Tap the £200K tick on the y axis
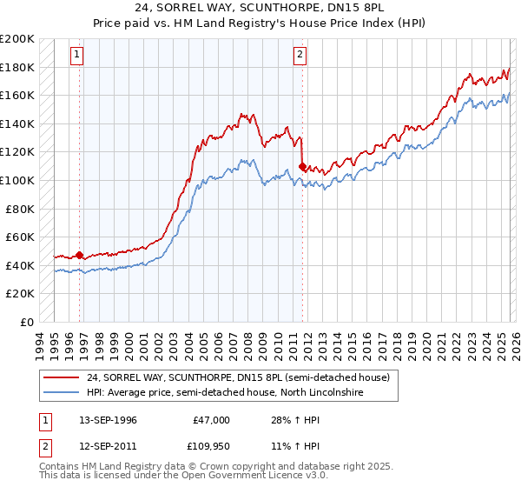coord(18,39)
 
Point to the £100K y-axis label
coord(18,180)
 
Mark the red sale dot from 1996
coord(80,255)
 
